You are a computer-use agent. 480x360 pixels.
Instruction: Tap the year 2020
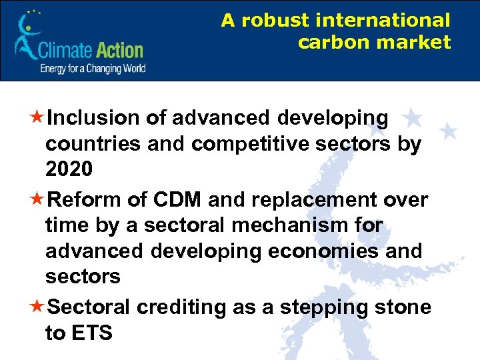click(x=69, y=170)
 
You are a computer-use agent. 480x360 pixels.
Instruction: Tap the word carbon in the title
click(x=327, y=43)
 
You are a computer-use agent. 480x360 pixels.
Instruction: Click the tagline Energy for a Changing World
click(x=93, y=69)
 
